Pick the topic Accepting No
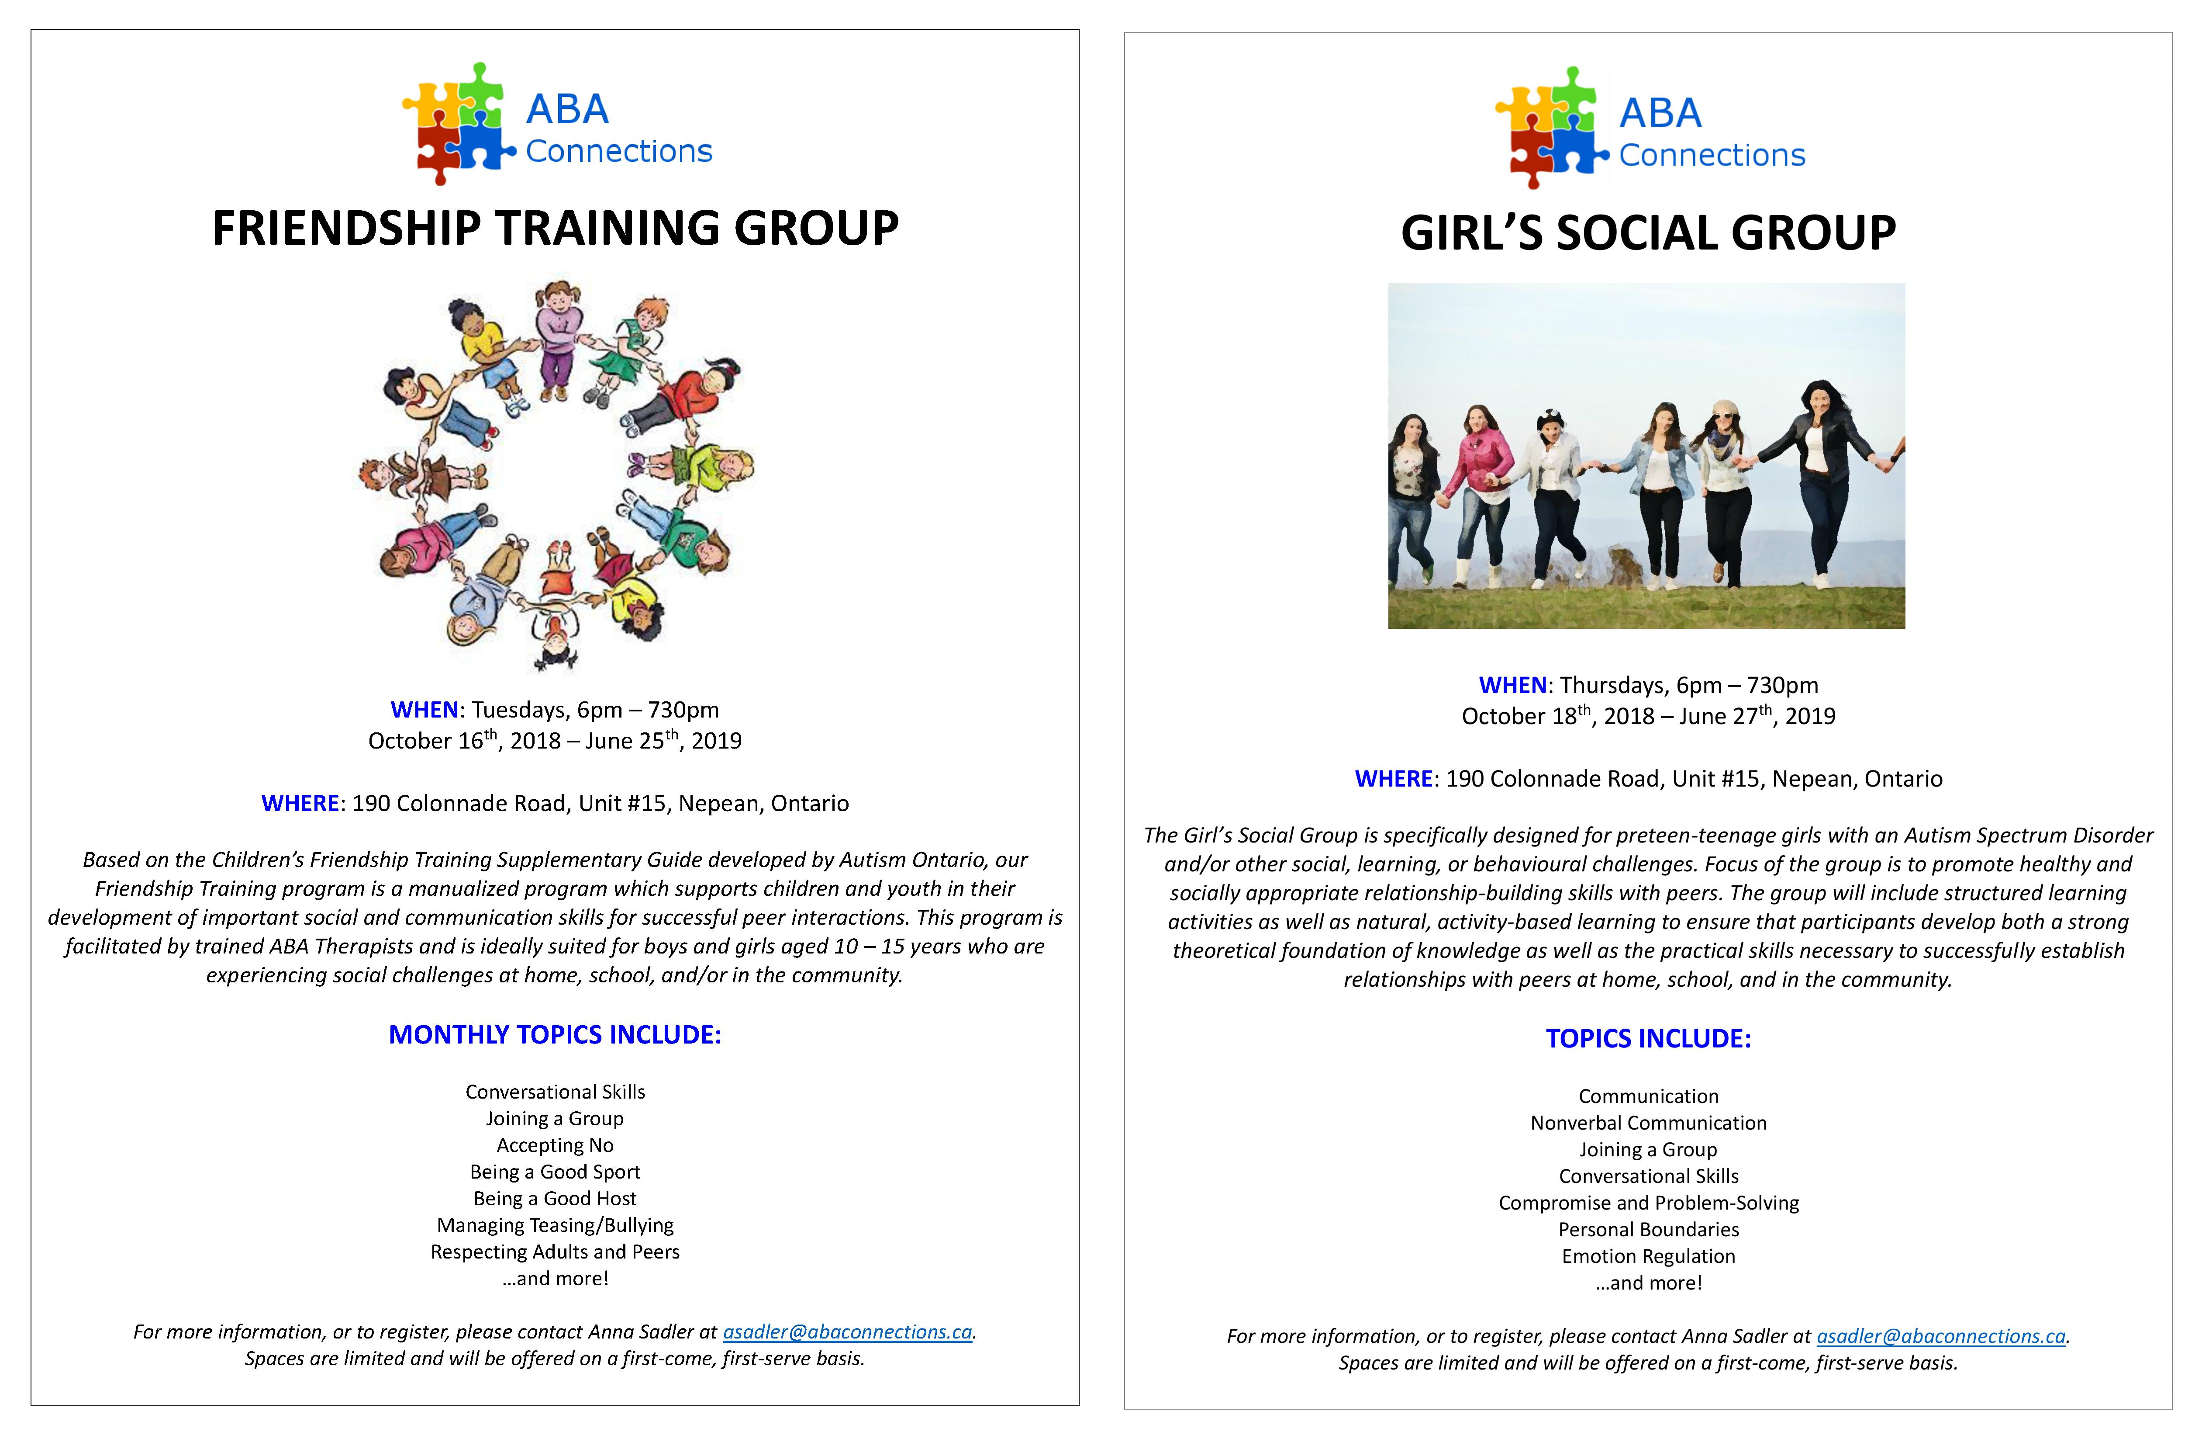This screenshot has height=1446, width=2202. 555,1145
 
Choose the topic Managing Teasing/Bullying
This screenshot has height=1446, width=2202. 555,1226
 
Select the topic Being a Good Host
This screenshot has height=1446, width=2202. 555,1199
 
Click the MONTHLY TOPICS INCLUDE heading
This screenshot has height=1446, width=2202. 555,1035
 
